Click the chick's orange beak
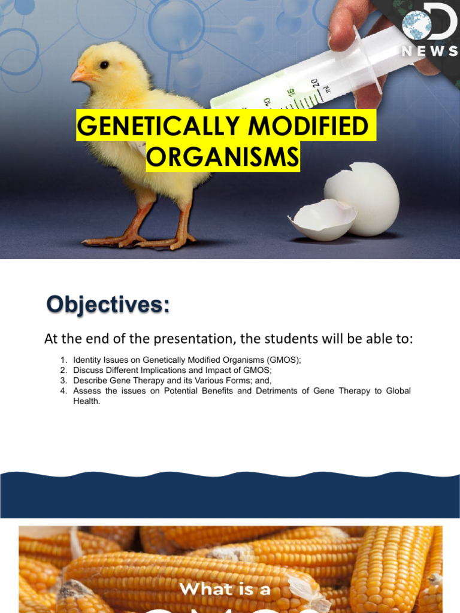click(81, 74)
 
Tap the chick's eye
click(105, 65)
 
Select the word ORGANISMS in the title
click(223, 157)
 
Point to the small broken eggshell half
click(320, 219)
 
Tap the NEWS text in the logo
click(429, 51)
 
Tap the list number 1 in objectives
click(63, 360)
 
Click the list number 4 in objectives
click(63, 391)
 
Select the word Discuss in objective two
click(88, 370)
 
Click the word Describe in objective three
click(90, 380)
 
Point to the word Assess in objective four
click(87, 391)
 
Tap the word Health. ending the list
click(88, 401)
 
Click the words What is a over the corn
click(225, 589)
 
